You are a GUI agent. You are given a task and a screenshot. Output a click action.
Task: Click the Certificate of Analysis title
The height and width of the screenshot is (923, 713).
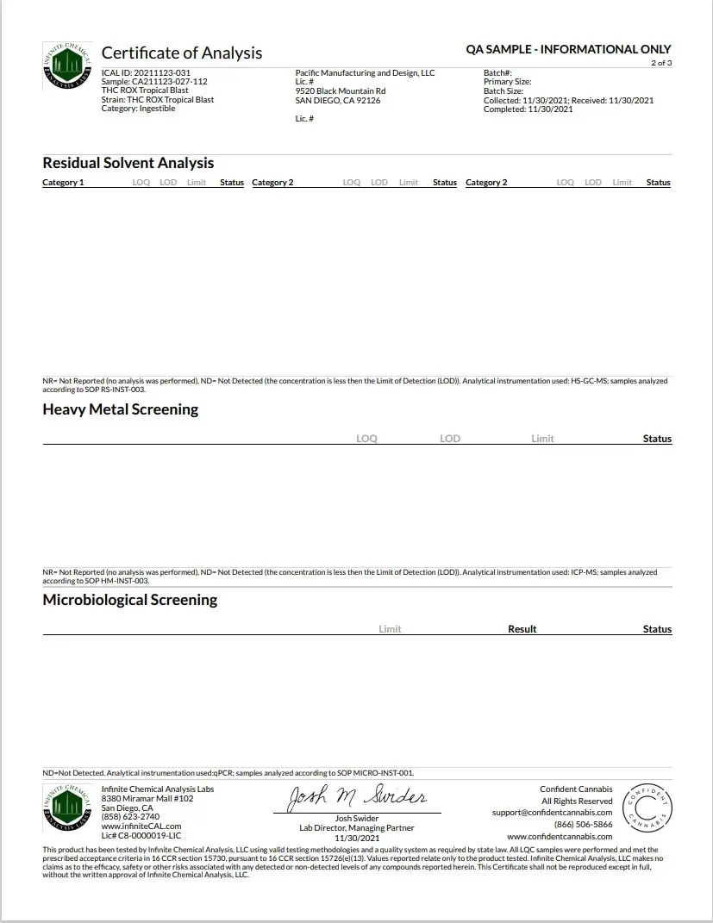point(182,53)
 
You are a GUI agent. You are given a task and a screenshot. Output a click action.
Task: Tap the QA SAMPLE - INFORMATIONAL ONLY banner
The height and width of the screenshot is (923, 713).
point(568,50)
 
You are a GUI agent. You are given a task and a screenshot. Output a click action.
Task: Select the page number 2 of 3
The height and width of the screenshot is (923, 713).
point(661,63)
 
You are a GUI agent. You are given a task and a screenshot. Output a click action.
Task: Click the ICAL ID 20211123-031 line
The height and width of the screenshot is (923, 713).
point(146,73)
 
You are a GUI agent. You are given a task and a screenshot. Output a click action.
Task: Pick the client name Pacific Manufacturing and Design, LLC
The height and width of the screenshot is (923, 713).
point(365,73)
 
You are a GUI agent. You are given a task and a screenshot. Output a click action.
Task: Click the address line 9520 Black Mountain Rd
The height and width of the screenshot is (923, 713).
point(340,91)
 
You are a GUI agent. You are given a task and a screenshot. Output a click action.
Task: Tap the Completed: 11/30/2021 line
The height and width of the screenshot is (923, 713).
point(528,109)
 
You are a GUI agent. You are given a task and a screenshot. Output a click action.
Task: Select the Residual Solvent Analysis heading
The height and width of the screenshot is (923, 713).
point(128,163)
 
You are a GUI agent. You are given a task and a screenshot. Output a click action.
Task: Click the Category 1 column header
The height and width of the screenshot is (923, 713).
point(63,183)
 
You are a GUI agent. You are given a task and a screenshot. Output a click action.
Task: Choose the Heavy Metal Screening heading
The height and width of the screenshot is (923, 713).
point(120,409)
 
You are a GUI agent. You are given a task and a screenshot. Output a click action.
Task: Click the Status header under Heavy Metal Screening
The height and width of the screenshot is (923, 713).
point(657,439)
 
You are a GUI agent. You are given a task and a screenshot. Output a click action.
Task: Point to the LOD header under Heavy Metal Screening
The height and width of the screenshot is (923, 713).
point(450,439)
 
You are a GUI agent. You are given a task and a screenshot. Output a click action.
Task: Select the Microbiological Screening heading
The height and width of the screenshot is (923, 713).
point(129,600)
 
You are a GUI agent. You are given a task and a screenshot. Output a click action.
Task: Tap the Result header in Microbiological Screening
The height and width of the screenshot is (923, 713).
point(522,629)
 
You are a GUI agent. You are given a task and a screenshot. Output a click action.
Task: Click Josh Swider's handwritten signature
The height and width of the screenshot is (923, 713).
point(356,798)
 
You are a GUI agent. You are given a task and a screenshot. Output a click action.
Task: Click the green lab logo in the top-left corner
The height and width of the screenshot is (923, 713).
point(67,65)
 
